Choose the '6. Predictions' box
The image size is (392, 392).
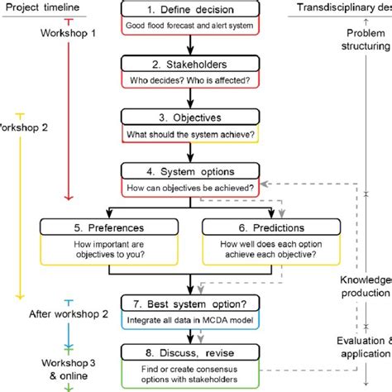point(272,227)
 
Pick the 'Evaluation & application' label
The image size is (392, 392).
point(370,347)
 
